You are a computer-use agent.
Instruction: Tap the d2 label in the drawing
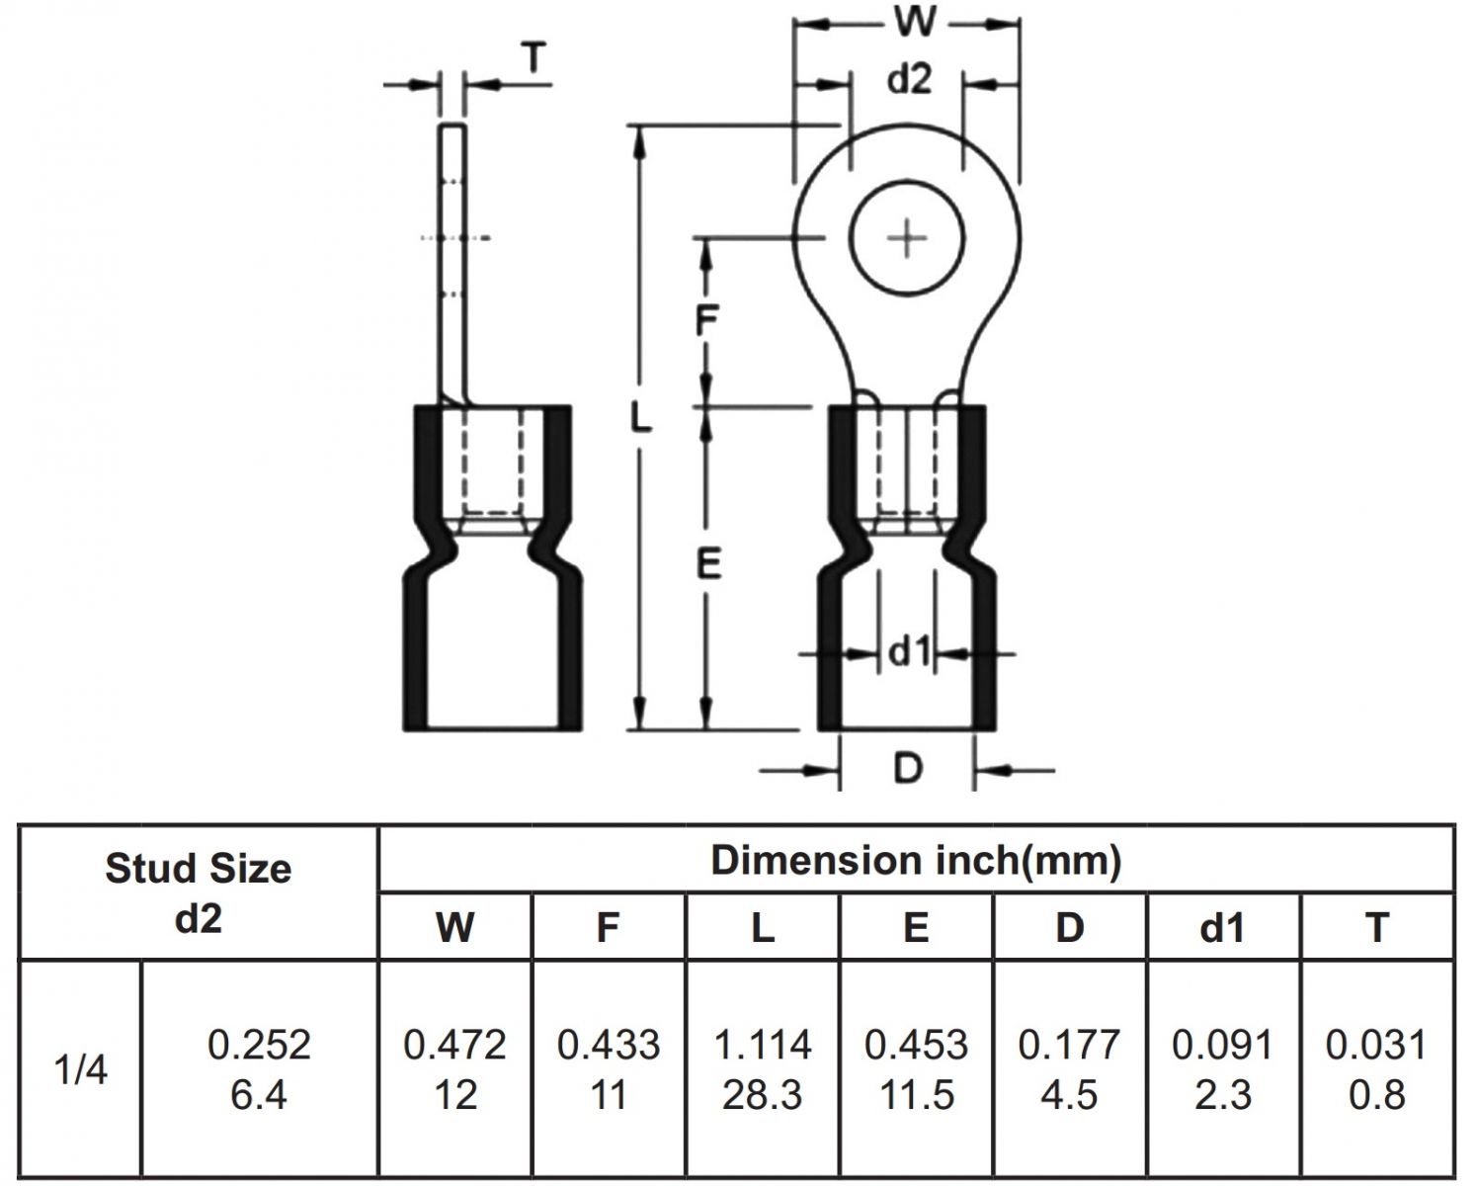tap(908, 80)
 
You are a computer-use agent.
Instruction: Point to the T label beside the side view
tap(533, 60)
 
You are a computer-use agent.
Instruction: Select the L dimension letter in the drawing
tap(641, 421)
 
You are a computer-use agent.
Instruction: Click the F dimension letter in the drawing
tap(706, 321)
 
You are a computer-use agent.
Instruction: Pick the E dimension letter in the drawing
tap(708, 564)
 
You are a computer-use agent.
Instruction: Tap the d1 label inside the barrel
tap(908, 652)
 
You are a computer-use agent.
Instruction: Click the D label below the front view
tap(907, 767)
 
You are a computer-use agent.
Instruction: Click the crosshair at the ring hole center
tap(906, 239)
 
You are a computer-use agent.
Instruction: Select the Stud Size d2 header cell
tap(199, 892)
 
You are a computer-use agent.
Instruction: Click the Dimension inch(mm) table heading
tap(916, 860)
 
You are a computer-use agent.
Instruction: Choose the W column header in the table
tap(454, 927)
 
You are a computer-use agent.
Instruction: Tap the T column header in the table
tap(1376, 927)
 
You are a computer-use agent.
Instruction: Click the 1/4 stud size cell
tap(81, 1070)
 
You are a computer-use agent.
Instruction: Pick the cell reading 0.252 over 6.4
tap(259, 1069)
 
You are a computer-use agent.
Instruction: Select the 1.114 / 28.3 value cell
tap(763, 1069)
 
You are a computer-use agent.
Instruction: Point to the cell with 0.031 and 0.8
tap(1376, 1069)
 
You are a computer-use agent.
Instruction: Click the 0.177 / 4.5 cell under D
tap(1070, 1069)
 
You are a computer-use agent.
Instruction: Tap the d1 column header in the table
tap(1223, 927)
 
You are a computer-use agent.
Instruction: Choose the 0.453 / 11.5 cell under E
tap(916, 1069)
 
